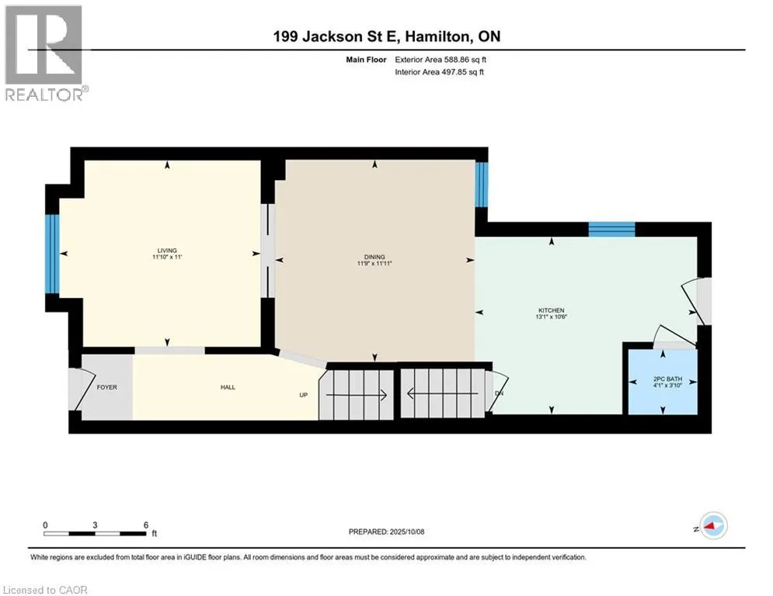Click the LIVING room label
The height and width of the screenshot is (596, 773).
167,250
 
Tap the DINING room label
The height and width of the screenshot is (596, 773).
374,257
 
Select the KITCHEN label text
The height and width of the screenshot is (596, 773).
551,310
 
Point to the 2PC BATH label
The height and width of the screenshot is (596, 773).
668,379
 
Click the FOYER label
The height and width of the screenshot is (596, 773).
107,387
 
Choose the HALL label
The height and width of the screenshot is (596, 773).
228,387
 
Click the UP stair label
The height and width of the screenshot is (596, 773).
304,395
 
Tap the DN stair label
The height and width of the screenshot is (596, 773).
499,393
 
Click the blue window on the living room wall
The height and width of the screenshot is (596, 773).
52,255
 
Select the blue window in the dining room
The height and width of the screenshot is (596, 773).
482,185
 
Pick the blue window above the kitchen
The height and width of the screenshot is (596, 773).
611,230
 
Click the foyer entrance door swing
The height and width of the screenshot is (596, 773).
82,389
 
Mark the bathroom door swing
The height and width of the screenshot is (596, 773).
674,335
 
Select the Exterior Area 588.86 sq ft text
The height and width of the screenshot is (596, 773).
440,60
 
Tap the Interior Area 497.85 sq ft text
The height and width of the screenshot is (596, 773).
439,72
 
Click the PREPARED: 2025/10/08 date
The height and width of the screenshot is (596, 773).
387,532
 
